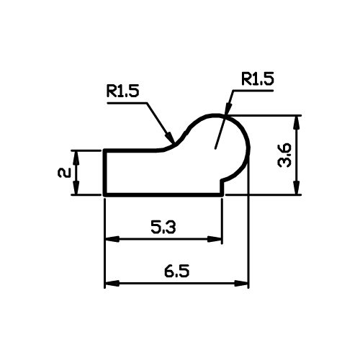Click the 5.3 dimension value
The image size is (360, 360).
163,227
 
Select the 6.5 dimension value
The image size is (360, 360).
177,271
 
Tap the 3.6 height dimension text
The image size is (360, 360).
284,155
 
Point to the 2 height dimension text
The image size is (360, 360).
64,173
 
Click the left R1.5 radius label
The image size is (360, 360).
122,91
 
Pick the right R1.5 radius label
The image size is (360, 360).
258,79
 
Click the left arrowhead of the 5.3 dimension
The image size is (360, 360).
112,239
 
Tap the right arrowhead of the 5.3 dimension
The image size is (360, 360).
215,239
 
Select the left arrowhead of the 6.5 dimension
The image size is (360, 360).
112,283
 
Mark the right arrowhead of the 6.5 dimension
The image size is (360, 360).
241,283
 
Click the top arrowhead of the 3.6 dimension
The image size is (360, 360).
297,123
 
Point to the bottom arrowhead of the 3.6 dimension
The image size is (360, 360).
297,187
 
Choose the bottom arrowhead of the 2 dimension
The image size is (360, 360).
76,187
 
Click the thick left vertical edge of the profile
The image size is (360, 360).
105,173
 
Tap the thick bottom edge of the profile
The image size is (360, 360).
164,194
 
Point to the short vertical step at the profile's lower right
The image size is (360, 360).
222,187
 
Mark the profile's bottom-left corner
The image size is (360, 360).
105,194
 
